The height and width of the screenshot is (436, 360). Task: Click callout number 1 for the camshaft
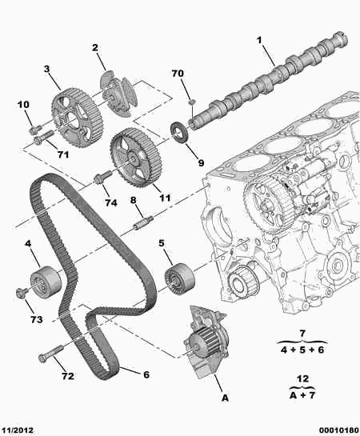click(259, 41)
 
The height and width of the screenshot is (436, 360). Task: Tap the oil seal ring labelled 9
click(180, 132)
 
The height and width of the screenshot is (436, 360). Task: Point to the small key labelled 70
click(191, 102)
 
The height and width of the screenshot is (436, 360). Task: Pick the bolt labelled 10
click(35, 129)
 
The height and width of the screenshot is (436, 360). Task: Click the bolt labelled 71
click(43, 137)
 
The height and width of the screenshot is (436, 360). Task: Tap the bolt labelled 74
click(102, 177)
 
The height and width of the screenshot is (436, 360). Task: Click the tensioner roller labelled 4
click(46, 282)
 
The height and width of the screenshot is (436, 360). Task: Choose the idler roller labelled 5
click(179, 279)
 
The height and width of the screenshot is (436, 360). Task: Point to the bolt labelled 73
click(21, 293)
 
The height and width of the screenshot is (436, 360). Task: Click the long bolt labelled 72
click(51, 354)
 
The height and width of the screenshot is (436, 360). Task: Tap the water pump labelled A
click(205, 342)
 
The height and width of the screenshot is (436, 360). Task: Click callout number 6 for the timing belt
click(146, 374)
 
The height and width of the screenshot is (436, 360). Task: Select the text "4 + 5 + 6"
click(302, 350)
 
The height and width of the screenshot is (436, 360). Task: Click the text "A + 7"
click(302, 395)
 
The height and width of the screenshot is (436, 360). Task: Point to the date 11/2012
click(17, 430)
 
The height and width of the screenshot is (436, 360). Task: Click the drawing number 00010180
click(339, 430)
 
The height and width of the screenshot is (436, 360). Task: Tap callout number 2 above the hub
click(95, 47)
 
